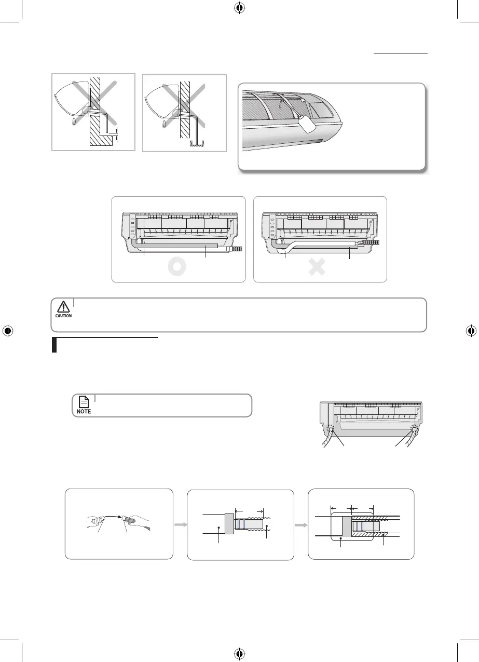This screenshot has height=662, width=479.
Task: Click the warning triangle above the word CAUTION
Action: [x=63, y=306]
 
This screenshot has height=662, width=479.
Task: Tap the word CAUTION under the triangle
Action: [x=63, y=316]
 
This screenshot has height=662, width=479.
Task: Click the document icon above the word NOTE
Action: [x=84, y=401]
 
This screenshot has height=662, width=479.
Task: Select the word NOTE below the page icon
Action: [x=84, y=411]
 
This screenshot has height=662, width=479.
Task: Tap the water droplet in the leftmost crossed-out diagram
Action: [x=74, y=121]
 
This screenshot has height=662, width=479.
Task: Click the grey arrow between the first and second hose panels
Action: [x=180, y=524]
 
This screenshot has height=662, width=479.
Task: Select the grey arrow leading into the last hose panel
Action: [x=301, y=524]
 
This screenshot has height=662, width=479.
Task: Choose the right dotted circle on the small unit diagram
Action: [x=414, y=430]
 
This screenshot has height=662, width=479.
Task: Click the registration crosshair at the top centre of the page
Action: [x=239, y=8]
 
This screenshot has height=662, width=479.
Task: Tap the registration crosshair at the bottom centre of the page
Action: [x=239, y=653]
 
